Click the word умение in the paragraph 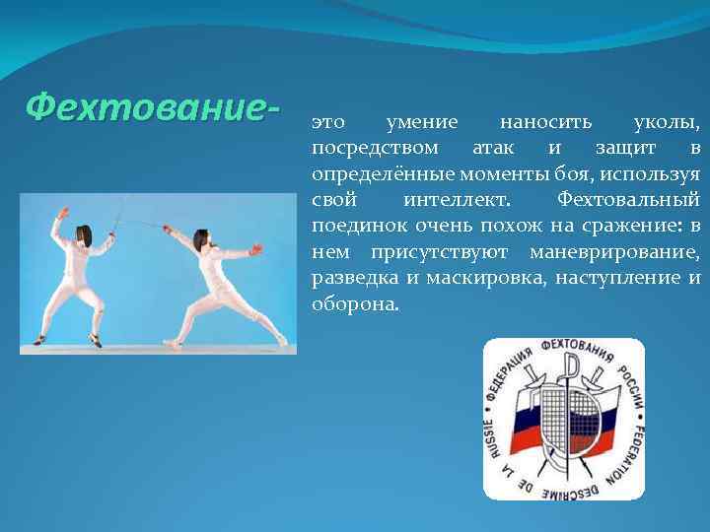point(422,123)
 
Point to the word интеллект point(457,200)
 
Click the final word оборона point(356,303)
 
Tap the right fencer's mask point(201,239)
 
